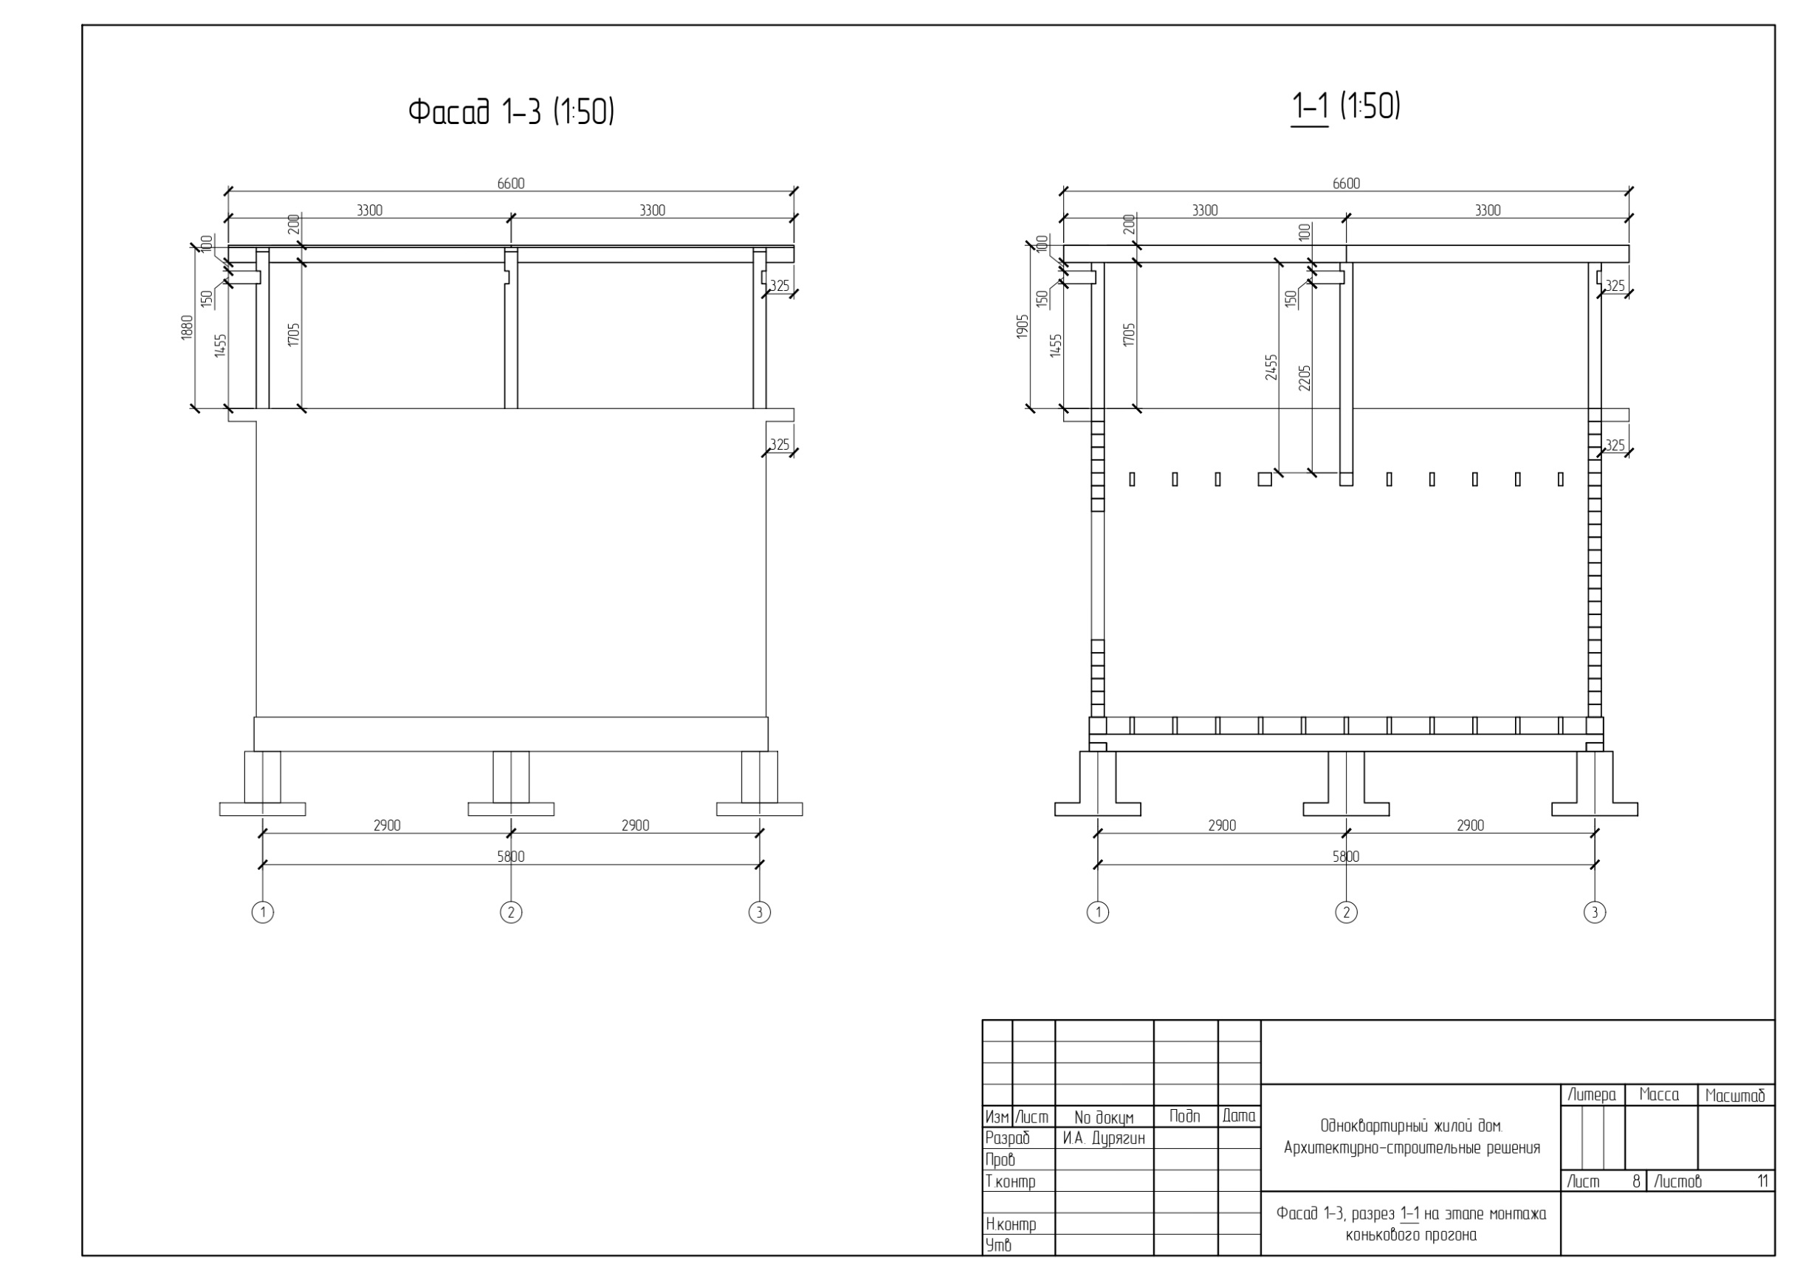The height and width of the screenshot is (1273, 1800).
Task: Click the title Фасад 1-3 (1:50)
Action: (511, 112)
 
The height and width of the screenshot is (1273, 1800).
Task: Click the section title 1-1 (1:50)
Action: (1345, 106)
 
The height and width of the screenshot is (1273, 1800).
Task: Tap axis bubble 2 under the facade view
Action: (511, 913)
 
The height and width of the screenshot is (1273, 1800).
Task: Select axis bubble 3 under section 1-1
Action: (1595, 913)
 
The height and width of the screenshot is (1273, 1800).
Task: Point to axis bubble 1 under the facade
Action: (263, 913)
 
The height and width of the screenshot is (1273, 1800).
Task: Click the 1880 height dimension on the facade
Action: (187, 328)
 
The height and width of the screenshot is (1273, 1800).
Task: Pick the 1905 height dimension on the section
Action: (1023, 328)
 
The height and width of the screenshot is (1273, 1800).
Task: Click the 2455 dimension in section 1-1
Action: (1271, 368)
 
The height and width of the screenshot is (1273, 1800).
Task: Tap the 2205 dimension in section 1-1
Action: (1305, 378)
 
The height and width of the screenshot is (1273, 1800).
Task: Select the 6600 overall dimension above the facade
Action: (511, 183)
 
